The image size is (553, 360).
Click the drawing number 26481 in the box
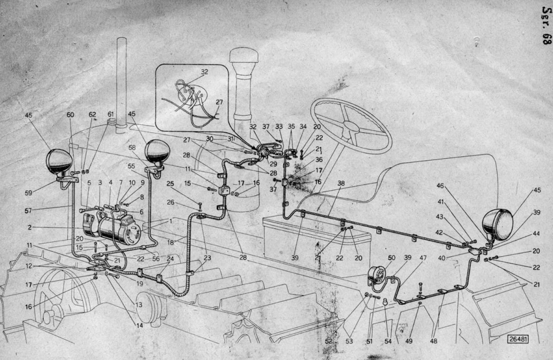[518, 339]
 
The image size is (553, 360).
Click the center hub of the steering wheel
[351, 126]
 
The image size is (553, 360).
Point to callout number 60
[70, 115]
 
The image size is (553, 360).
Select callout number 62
[92, 115]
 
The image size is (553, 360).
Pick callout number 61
[111, 114]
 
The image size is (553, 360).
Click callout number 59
[29, 193]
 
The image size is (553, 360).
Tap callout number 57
[28, 211]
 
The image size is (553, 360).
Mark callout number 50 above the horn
[392, 258]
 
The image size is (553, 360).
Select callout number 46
[440, 185]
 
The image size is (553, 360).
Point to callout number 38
[340, 183]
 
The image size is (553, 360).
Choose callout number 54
[388, 341]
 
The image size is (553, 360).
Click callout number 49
[409, 341]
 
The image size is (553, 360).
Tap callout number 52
[329, 341]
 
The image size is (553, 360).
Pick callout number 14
[139, 325]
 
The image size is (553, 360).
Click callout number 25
[170, 184]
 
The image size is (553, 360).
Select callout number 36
[319, 159]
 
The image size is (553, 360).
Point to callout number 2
[29, 227]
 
